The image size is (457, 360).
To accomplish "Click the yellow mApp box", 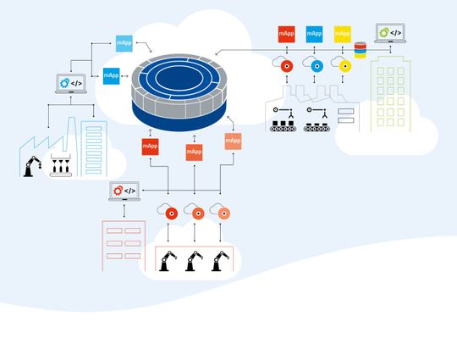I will click(342, 35).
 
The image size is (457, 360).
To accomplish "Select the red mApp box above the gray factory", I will click(286, 35).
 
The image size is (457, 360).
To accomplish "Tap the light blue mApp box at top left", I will click(124, 42).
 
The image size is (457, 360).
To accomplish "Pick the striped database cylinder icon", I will click(361, 50).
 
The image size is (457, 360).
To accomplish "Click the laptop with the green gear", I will click(389, 35).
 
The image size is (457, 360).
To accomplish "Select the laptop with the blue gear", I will click(69, 84).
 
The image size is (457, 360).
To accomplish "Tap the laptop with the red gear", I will click(124, 191).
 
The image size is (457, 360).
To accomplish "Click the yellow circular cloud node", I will click(344, 66).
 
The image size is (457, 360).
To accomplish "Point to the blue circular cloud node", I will click(317, 66).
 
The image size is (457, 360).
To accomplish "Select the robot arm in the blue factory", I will click(31, 167).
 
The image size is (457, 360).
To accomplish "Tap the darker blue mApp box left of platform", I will click(111, 75).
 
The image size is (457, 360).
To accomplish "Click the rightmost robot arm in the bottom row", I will click(222, 260).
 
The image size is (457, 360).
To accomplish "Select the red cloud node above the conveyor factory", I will click(288, 66).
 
